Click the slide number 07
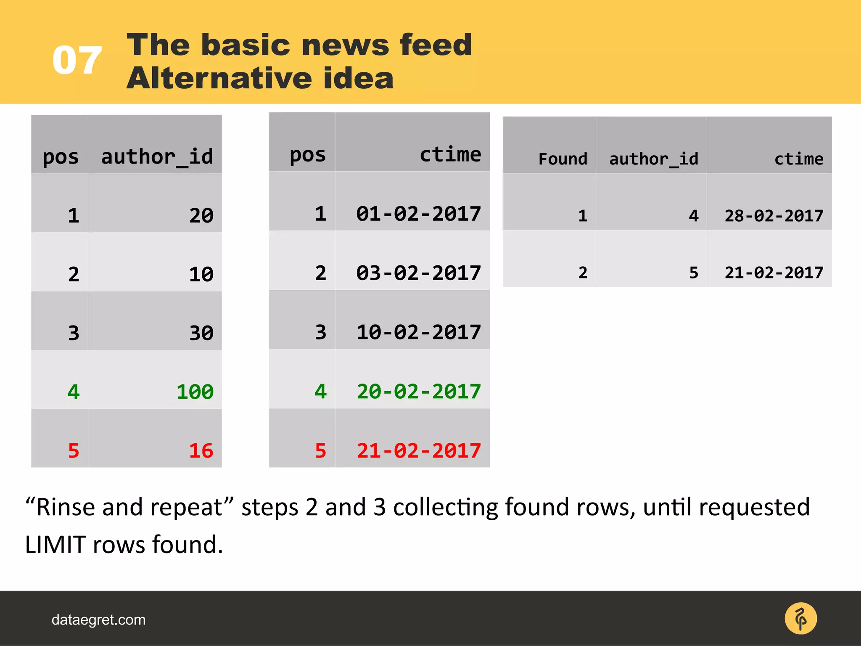77,61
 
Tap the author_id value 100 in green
195,392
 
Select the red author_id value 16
201,451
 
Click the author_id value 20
201,216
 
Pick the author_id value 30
201,333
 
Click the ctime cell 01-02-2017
418,214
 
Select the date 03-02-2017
418,273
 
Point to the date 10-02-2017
418,332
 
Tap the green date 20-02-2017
418,392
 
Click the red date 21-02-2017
418,451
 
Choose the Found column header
563,159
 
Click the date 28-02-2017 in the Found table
774,216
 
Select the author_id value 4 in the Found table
693,216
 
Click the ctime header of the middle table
450,154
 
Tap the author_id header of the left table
157,157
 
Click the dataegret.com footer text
98,620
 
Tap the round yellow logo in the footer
800,619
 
